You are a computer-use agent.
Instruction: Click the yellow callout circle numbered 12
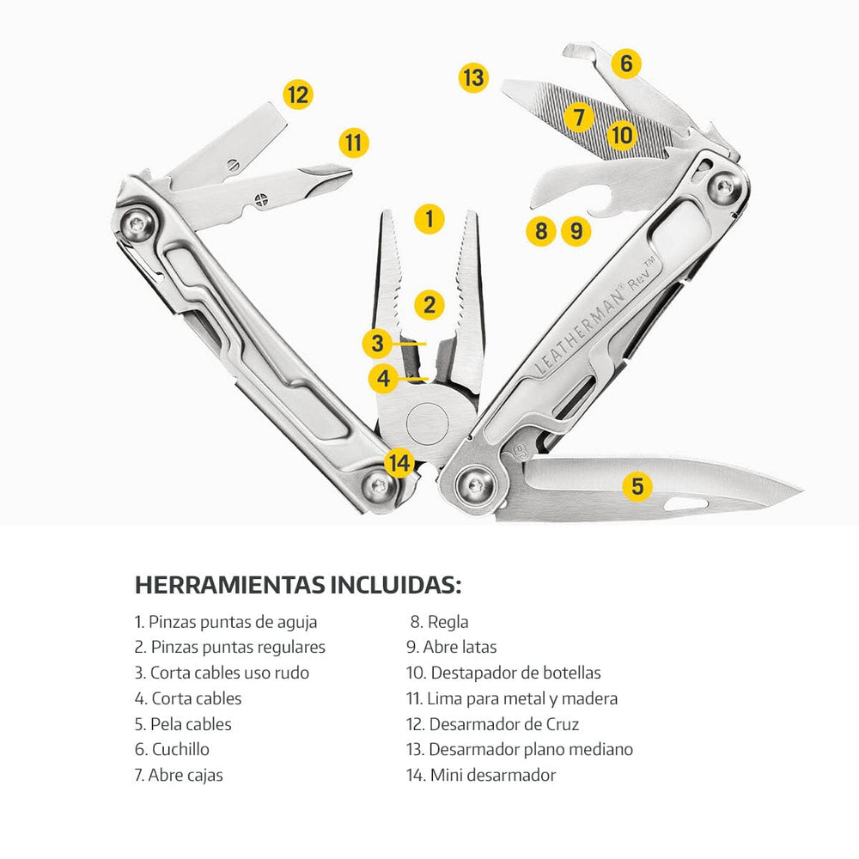click(x=298, y=94)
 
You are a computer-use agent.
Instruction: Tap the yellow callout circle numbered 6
click(x=626, y=63)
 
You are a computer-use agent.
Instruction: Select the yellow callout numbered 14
click(x=399, y=463)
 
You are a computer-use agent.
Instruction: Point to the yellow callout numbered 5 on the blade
click(x=637, y=486)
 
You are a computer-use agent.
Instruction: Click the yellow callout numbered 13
click(x=473, y=77)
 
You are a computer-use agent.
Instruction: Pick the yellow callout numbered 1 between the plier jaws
click(x=429, y=219)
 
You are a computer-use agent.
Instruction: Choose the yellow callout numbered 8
click(x=541, y=230)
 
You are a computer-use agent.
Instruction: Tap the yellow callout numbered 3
click(x=377, y=344)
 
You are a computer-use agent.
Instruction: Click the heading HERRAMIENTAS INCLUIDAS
click(x=298, y=584)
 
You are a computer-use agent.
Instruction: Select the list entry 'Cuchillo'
click(x=172, y=749)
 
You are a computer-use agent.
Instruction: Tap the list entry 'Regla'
click(x=439, y=622)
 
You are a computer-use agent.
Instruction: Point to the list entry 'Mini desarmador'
click(x=481, y=775)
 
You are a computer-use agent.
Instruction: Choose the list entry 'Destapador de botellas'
click(x=503, y=673)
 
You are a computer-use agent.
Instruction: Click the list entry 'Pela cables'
click(x=183, y=723)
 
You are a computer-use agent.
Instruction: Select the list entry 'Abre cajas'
click(x=179, y=775)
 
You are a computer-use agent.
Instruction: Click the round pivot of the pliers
click(x=428, y=423)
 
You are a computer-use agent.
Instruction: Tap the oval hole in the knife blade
click(x=685, y=504)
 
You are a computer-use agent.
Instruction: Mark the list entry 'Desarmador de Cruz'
click(x=492, y=723)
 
